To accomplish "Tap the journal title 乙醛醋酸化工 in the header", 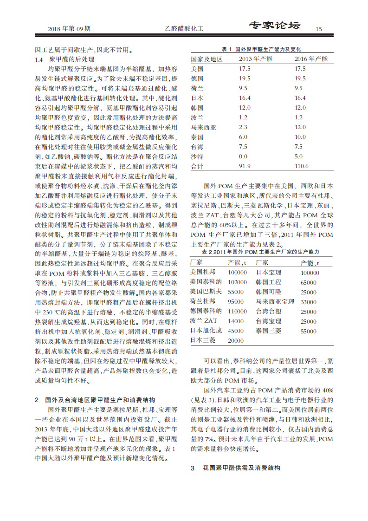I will tap(184, 29).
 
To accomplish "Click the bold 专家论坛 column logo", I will tap(274, 26).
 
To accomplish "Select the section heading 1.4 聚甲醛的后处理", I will tap(65, 59).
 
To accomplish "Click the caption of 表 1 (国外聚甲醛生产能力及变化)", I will tap(261, 49).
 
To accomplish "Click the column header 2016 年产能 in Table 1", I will tap(311, 59).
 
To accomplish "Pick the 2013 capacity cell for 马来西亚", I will tap(243, 127).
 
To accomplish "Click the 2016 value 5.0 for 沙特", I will tap(298, 156).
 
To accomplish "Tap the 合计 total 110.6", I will tap(302, 166).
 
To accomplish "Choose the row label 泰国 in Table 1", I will tap(197, 137).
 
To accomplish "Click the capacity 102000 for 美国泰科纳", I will tap(237, 282).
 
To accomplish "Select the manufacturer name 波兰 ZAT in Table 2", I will tap(203, 321).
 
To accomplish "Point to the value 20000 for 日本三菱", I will tap(235, 340).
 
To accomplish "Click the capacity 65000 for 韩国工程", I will tap(308, 282).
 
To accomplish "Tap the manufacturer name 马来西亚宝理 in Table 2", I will tap(275, 301).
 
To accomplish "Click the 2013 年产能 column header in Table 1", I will tap(256, 59).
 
